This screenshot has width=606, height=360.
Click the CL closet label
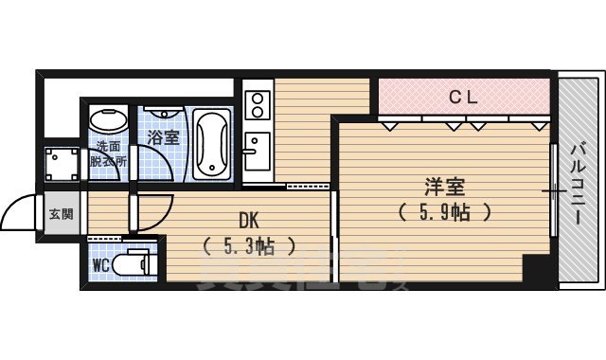462,95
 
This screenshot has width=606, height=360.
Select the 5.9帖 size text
444,211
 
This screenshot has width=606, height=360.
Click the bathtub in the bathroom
210,144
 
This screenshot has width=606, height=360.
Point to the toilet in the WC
135,261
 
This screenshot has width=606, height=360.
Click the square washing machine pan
63,167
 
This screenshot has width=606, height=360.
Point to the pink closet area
464,96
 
